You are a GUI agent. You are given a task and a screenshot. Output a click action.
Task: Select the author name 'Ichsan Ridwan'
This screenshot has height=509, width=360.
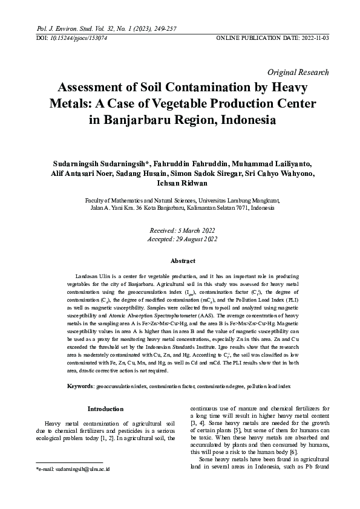(x=179, y=184)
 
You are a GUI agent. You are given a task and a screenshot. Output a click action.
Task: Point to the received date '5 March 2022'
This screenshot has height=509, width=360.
(x=191, y=230)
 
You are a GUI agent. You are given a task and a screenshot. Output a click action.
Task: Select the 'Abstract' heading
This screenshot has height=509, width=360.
(x=180, y=261)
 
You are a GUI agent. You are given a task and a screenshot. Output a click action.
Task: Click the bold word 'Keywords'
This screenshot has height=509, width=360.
(x=80, y=386)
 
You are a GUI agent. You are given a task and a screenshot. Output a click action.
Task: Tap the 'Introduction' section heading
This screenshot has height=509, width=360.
(x=106, y=409)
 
